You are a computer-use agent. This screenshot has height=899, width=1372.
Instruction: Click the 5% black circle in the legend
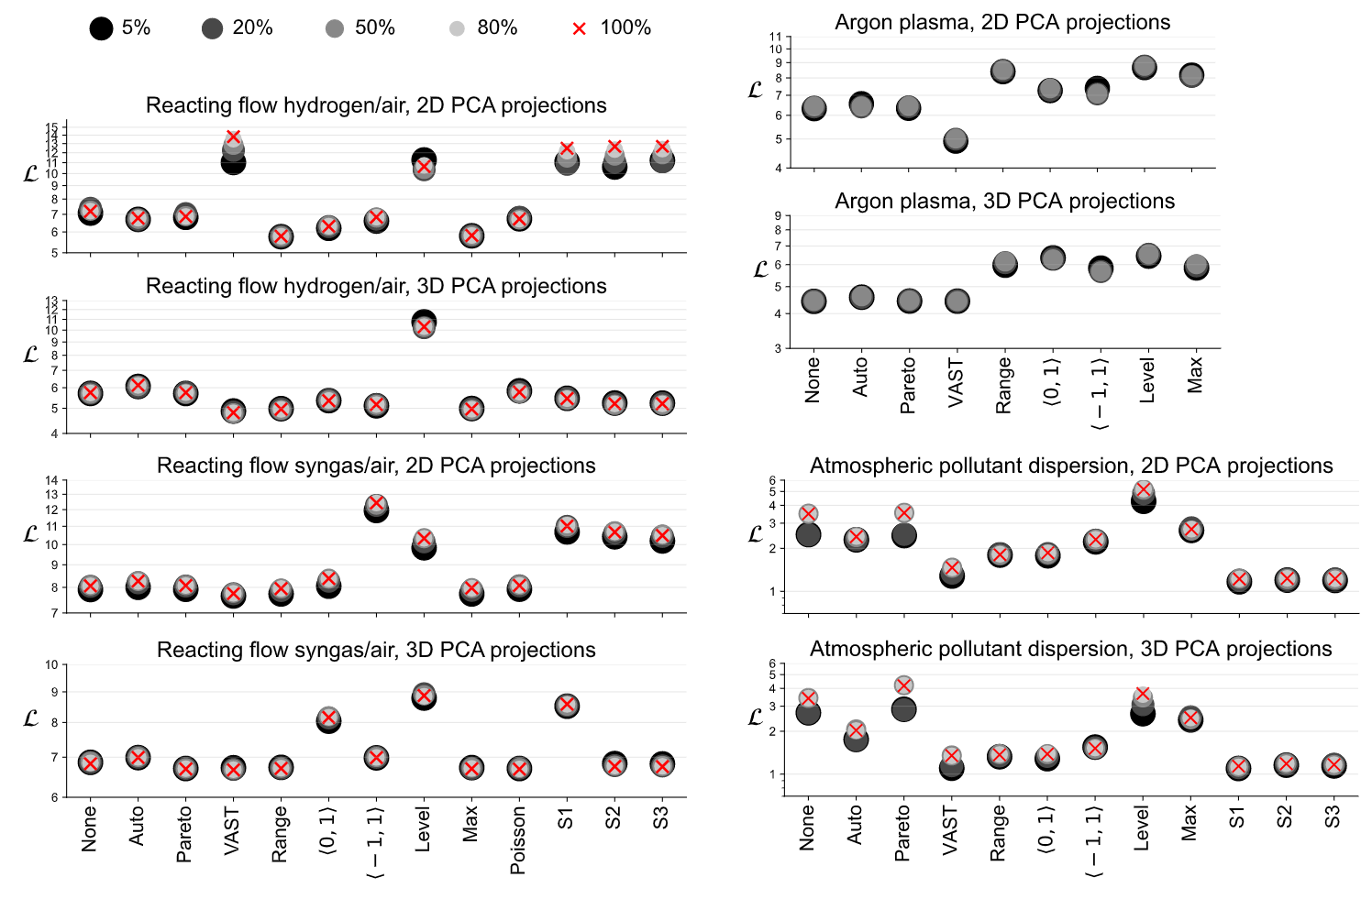click(101, 28)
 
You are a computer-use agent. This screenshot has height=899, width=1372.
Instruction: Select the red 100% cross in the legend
click(579, 28)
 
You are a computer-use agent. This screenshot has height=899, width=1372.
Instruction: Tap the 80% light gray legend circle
click(457, 28)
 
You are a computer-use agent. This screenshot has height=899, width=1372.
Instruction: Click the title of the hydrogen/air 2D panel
click(376, 105)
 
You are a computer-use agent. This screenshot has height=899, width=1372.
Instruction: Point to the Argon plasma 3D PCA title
click(1004, 201)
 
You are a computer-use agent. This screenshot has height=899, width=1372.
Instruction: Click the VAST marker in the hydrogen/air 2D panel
click(233, 150)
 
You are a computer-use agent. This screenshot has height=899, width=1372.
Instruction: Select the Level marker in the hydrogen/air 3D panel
click(424, 324)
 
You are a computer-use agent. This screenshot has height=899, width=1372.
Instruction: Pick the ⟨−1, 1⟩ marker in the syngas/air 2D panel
click(376, 507)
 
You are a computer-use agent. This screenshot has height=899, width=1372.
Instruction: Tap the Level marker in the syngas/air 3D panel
click(424, 696)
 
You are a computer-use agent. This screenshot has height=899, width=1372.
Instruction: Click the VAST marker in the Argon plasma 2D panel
click(956, 140)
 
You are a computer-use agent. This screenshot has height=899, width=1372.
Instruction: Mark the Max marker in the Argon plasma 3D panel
click(1195, 267)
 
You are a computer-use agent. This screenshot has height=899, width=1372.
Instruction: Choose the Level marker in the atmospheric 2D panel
click(1143, 496)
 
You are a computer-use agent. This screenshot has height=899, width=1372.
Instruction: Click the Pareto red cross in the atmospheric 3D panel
click(903, 685)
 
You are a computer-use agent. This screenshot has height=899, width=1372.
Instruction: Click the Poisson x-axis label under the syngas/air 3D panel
click(518, 839)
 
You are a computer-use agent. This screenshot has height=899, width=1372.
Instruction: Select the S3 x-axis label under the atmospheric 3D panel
click(1333, 817)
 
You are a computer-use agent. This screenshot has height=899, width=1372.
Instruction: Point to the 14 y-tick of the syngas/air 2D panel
click(51, 480)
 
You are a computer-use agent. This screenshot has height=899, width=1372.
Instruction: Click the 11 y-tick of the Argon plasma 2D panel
click(776, 38)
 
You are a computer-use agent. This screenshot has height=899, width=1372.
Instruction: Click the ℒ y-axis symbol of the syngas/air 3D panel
click(30, 718)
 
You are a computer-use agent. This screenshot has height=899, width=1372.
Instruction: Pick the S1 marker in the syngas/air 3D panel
click(567, 705)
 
